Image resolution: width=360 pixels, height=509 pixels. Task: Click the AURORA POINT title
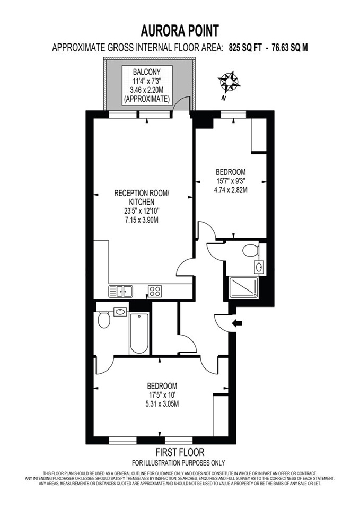tap(180, 31)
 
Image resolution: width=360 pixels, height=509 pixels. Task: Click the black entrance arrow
tap(238, 323)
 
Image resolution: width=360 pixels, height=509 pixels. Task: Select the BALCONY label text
tap(146, 72)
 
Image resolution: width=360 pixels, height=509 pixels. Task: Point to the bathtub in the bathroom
tap(139, 334)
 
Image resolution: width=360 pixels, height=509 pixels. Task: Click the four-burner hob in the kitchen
tap(155, 291)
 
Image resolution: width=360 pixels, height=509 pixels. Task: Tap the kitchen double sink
tap(121, 291)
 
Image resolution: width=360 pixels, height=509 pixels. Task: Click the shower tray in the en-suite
tap(243, 287)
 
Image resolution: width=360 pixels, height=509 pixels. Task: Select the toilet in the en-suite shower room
tap(251, 250)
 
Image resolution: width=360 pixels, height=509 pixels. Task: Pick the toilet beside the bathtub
tap(104, 320)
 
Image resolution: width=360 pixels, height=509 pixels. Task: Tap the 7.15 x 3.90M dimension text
tap(141, 220)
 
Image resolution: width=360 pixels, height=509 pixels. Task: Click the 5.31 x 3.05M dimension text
tap(162, 404)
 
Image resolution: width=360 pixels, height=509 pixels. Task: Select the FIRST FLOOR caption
tap(180, 452)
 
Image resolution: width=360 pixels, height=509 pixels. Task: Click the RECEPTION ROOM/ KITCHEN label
tap(142, 197)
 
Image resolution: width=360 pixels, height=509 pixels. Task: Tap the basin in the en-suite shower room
tap(259, 267)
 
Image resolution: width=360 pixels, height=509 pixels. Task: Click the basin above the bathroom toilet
tap(120, 312)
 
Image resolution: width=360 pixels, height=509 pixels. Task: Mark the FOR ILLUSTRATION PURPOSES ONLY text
tap(178, 463)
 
